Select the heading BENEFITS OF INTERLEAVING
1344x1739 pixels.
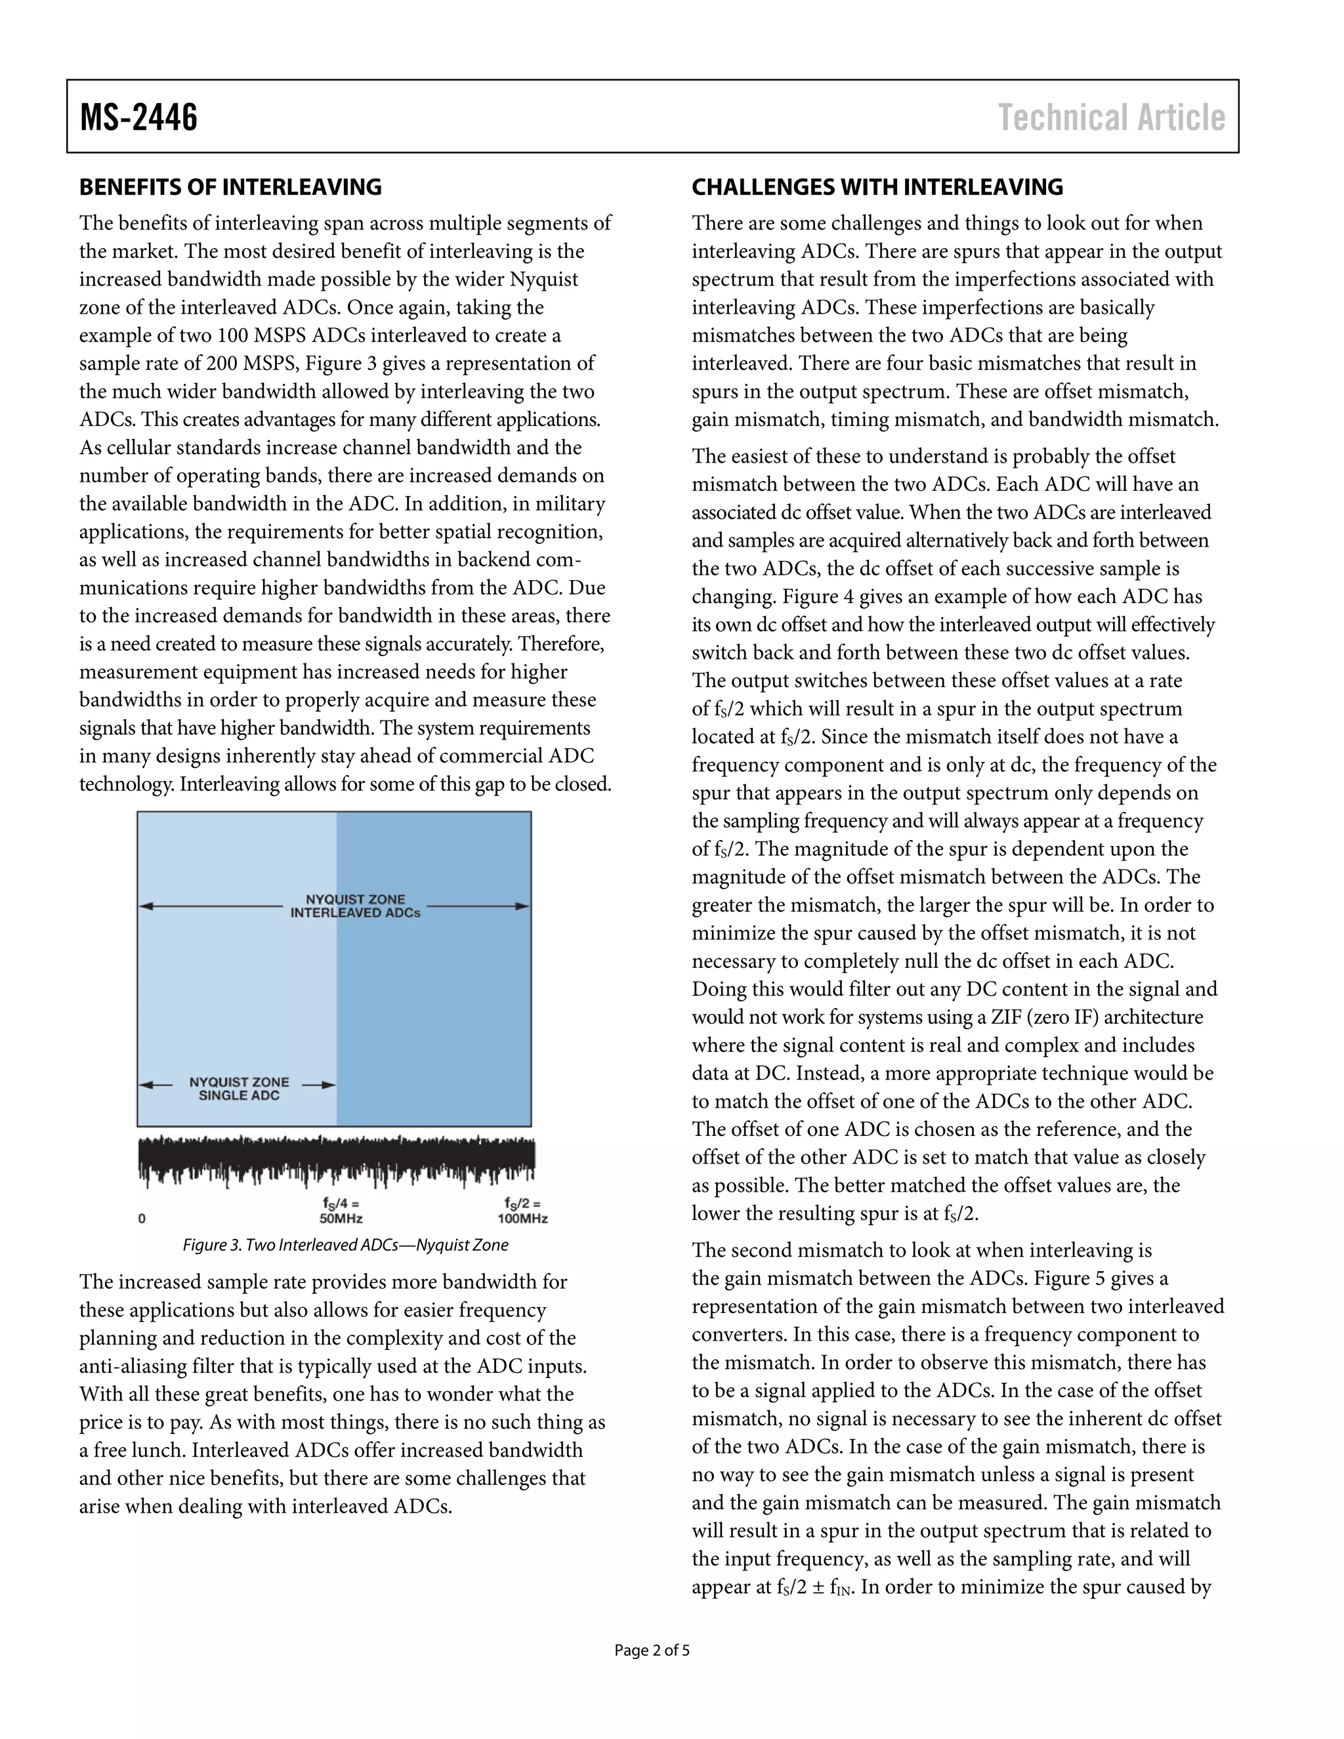230,187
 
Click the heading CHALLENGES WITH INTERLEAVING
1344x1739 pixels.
877,187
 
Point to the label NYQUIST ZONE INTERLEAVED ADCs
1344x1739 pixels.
355,906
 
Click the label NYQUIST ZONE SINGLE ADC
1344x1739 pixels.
239,1089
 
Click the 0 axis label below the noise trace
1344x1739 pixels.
142,1218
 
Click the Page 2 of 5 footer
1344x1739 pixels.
651,1650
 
